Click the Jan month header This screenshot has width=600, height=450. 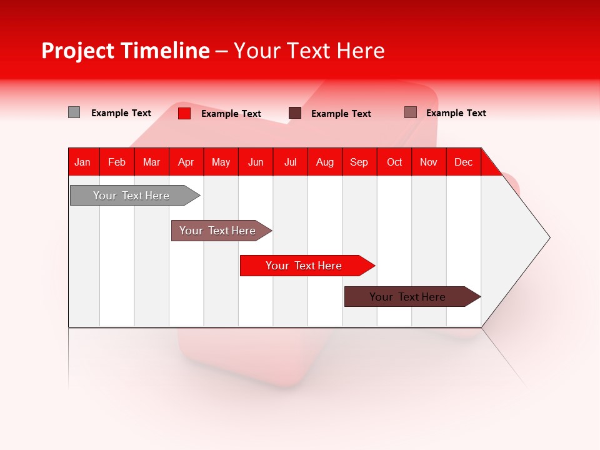coord(83,162)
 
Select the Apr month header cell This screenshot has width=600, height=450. coord(186,162)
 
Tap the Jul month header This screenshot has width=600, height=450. coord(291,162)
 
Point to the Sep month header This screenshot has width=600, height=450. coord(359,162)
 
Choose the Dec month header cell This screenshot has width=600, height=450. coord(464,162)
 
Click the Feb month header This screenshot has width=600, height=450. coord(117,162)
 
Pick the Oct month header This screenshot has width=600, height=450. coord(394,162)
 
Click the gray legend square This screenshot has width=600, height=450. coord(74,112)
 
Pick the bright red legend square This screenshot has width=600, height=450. coord(184,113)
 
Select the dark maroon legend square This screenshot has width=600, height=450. coord(295,113)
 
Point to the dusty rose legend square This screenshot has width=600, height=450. coord(411,112)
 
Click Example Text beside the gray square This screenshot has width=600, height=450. coord(121,113)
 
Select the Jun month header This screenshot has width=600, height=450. coord(256,162)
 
